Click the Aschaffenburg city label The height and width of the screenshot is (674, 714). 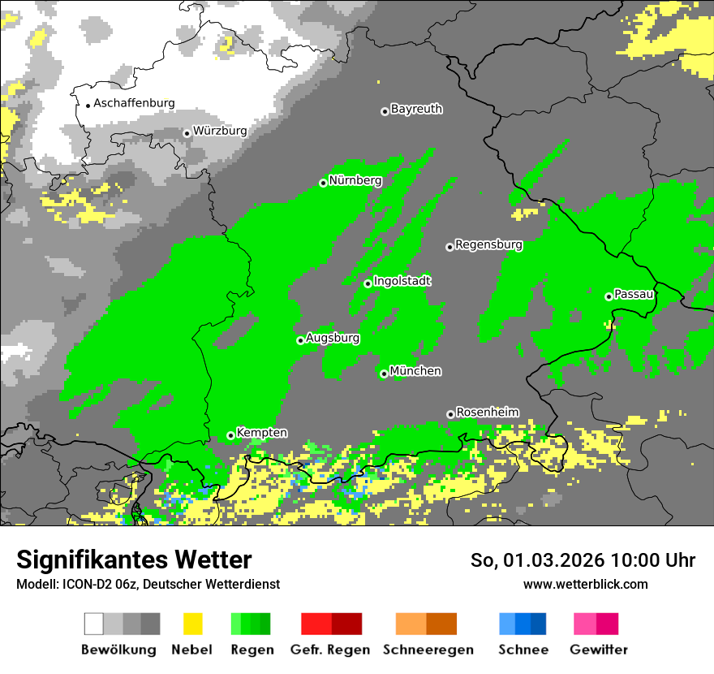[134, 103]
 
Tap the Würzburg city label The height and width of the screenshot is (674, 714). [220, 131]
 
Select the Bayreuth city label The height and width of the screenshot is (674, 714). [416, 109]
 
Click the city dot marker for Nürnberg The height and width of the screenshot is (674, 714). [323, 183]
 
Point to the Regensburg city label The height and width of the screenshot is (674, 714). [488, 244]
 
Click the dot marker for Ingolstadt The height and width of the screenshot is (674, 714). [368, 283]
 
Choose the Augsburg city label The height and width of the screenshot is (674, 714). [332, 338]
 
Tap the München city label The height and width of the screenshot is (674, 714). [415, 371]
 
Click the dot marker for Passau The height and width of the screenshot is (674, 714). [609, 296]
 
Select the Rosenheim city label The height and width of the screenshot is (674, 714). [487, 413]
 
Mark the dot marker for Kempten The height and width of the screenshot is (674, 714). [230, 435]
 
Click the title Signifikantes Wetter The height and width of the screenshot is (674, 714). [134, 560]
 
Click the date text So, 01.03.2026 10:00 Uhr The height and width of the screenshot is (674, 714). [583, 560]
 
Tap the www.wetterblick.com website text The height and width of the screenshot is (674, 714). [585, 584]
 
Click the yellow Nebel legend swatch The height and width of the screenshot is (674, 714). [192, 624]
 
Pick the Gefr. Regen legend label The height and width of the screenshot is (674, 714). [330, 650]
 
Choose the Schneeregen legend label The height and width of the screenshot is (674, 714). [427, 650]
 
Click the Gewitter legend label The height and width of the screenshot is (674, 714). [598, 650]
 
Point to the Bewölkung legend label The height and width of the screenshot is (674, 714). [118, 650]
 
